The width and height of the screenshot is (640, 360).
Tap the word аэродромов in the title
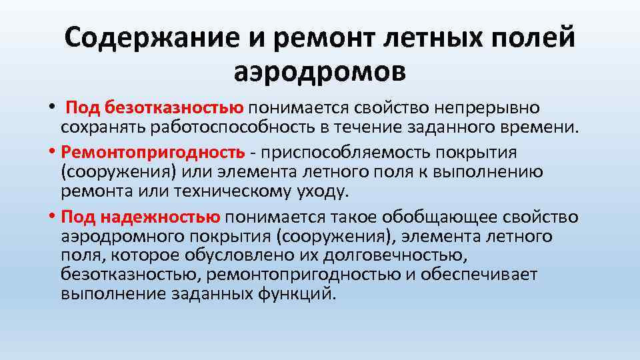pyautogui.click(x=319, y=70)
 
